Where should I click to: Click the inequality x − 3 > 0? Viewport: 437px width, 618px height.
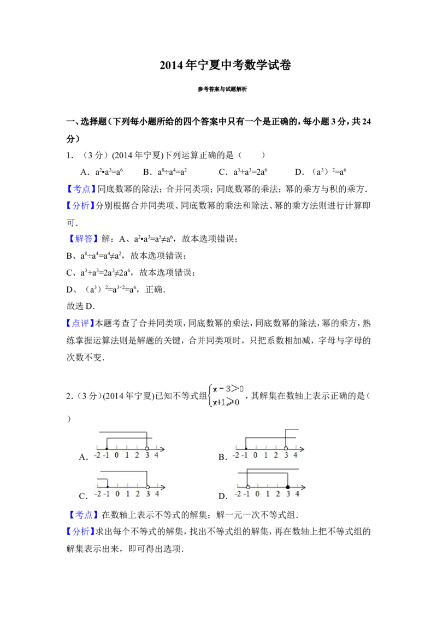coord(228,389)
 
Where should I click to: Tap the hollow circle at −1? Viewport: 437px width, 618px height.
coord(247,487)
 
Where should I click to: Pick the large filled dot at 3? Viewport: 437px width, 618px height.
coord(288,487)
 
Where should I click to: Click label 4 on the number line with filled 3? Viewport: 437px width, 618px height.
coord(298,494)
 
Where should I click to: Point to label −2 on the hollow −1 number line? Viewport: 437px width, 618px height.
coord(237,494)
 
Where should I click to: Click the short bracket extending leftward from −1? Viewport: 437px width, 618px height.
coord(102,479)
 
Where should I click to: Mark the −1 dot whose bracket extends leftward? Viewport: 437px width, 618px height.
coord(108,487)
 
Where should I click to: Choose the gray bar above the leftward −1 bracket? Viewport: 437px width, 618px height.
coord(124,469)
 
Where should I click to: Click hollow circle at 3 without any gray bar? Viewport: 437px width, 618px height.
coord(286,448)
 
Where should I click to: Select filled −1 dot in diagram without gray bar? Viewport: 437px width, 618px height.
coord(246,448)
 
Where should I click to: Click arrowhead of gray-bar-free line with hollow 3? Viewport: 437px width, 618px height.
coord(302,448)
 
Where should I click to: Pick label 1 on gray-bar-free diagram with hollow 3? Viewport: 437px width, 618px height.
coord(266,455)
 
